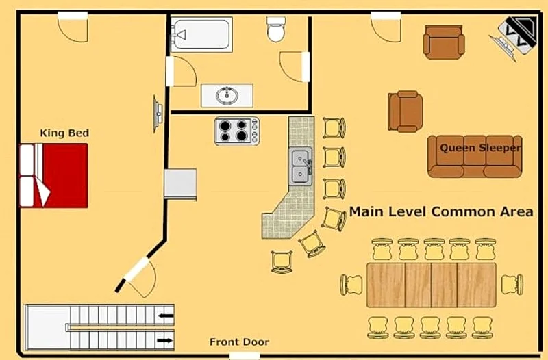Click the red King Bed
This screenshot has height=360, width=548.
[53, 175]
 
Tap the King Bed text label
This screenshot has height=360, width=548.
[64, 133]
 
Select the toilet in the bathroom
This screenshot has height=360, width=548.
[276, 29]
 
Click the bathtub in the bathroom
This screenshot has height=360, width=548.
[201, 35]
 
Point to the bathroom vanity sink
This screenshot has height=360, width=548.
[227, 95]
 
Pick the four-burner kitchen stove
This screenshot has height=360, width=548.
[236, 131]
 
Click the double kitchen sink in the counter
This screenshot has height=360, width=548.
[300, 166]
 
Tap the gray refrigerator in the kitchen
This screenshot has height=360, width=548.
[180, 184]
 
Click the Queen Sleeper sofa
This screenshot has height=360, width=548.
[475, 156]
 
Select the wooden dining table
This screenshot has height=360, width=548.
[432, 285]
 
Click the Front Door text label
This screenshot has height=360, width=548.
[239, 342]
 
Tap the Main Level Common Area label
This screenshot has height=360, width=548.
[441, 211]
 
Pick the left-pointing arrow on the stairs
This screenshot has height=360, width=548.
[166, 316]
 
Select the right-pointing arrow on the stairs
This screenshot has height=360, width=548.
[164, 340]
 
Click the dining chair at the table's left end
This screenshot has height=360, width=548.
[351, 285]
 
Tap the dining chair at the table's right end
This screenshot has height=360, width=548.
[512, 285]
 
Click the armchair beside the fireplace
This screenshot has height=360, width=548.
[444, 42]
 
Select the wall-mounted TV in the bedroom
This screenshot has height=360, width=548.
[158, 114]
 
